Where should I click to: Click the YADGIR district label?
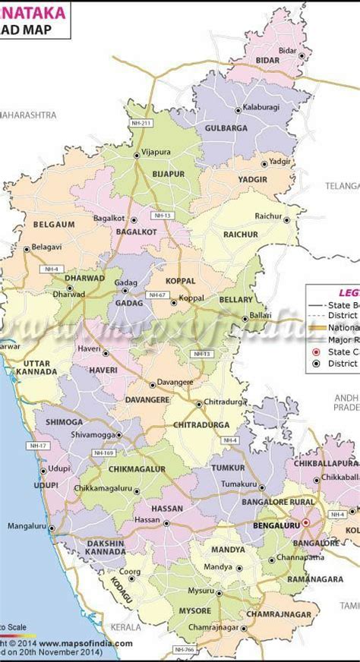click(252, 178)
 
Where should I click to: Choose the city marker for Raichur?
click(287, 217)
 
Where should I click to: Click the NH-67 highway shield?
click(157, 295)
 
